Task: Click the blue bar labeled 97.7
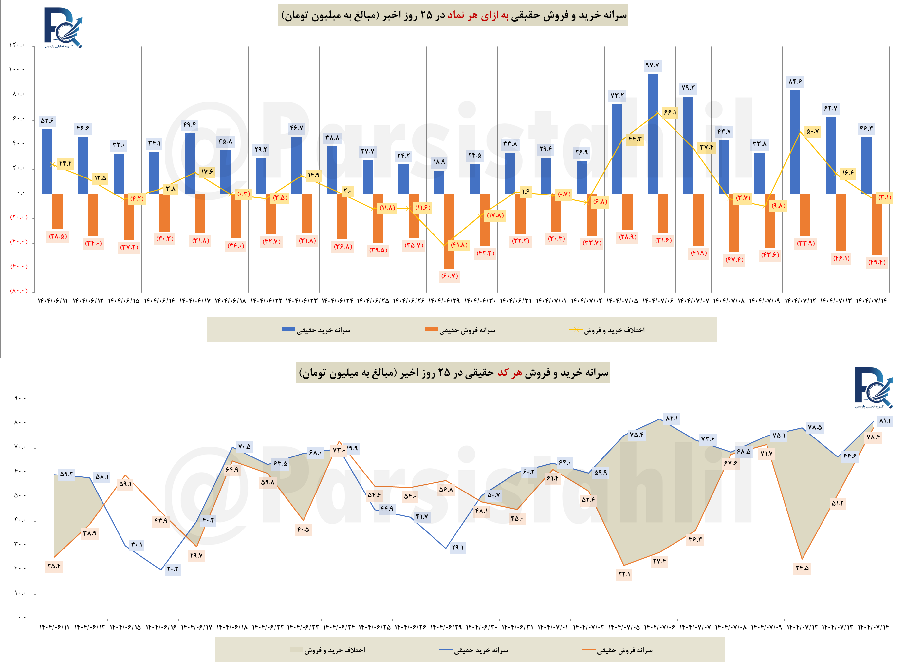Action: tap(652, 134)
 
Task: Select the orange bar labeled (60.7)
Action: tap(449, 231)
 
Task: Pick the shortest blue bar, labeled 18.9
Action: tap(439, 182)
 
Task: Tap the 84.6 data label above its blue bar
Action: tap(795, 82)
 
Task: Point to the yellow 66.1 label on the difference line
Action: tap(670, 112)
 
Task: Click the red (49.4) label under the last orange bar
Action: tap(877, 262)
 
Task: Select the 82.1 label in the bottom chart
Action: tap(672, 418)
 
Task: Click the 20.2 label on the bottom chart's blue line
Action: tap(172, 568)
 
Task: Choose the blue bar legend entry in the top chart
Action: tap(316, 330)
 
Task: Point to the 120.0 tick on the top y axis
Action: tap(17, 45)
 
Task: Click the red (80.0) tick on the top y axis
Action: tap(19, 291)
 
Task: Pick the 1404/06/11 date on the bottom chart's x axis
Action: tap(54, 627)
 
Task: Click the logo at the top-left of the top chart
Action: tap(63, 28)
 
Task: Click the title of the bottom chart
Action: tap(453, 373)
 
